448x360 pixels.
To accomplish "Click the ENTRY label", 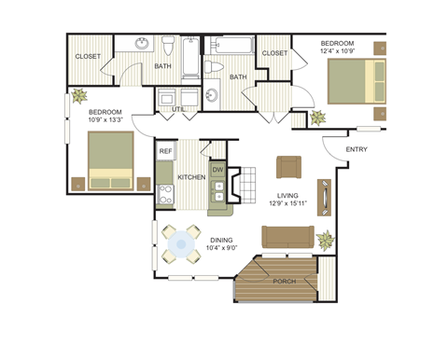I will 357,149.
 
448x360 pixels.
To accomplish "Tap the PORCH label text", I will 285,282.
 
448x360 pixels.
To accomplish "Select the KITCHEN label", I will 191,176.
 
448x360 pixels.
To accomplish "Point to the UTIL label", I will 178,110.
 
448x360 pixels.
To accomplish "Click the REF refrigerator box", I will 165,151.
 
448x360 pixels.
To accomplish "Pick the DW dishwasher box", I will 217,170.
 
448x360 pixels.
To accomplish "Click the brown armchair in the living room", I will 288,166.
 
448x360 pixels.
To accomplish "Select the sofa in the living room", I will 287,239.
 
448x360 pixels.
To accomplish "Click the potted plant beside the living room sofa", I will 325,240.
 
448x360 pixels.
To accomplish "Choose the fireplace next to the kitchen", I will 235,182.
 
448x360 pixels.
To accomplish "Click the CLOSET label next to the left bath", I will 88,56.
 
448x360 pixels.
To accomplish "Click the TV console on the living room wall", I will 324,197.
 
